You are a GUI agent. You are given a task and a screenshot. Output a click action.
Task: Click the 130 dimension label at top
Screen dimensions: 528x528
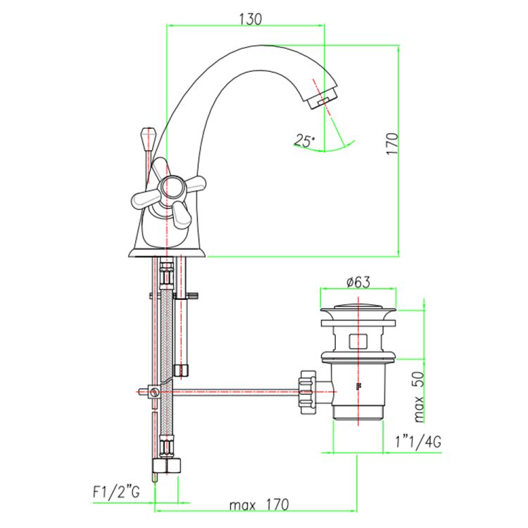coord(251,19)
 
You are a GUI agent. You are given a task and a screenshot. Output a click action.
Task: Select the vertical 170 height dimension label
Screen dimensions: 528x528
coord(392,144)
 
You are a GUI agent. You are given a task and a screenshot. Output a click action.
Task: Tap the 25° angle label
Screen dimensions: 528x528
coord(304,141)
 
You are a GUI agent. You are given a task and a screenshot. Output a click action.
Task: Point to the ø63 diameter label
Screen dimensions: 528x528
coord(358,282)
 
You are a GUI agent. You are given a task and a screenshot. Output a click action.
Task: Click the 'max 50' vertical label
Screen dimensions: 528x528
coord(418,396)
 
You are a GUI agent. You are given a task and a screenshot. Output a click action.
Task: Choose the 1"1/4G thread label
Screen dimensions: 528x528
coord(418,442)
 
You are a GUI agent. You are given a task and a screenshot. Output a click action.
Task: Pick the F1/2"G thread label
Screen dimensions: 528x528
coord(116,492)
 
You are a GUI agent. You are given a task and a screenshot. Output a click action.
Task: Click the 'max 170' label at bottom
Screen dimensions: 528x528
coord(259,505)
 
